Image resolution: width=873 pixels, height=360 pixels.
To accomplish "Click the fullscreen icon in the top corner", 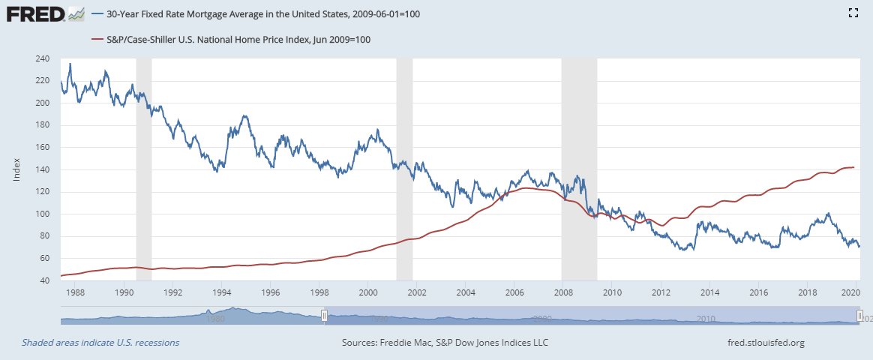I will click(852, 13).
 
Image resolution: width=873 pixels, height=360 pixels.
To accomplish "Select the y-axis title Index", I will click(16, 169).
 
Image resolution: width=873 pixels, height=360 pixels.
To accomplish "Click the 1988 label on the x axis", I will click(75, 292).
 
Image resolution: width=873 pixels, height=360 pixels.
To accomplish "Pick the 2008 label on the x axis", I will click(563, 292).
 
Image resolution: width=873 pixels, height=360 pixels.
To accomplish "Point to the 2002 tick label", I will click(416, 292).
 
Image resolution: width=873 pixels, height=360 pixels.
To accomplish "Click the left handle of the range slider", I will click(324, 316).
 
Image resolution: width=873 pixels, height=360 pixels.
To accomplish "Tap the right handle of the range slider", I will click(860, 316).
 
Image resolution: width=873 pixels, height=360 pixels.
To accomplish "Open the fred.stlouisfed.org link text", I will click(760, 343).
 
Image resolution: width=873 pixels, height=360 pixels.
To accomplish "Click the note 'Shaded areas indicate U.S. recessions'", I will click(100, 343).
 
